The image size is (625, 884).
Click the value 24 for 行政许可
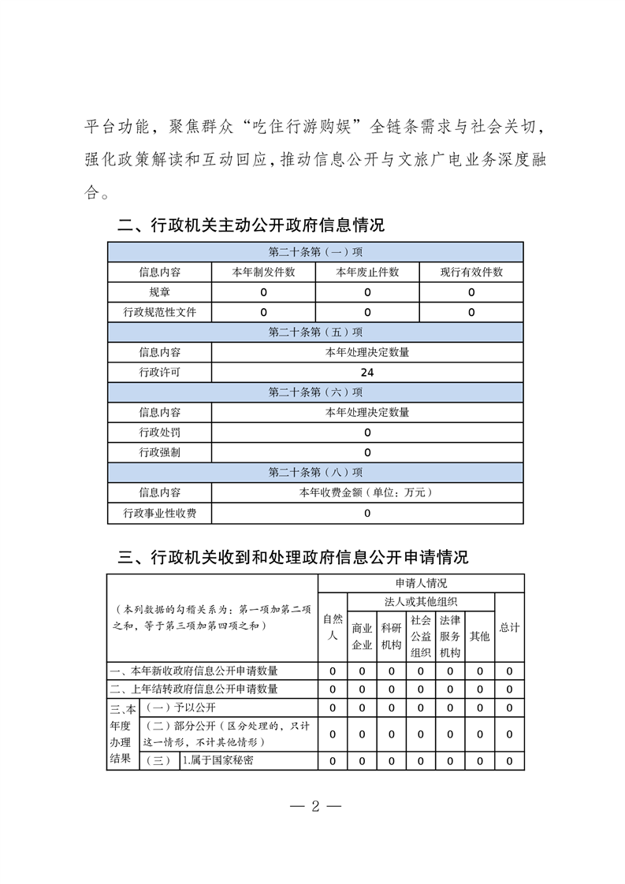pyautogui.click(x=367, y=373)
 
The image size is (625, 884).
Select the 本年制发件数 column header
pyautogui.click(x=263, y=273)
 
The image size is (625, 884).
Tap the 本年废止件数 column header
pyautogui.click(x=367, y=273)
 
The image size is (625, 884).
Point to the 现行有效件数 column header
pyautogui.click(x=471, y=273)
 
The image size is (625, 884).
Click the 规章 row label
pyautogui.click(x=159, y=292)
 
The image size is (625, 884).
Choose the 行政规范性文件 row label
pyautogui.click(x=159, y=312)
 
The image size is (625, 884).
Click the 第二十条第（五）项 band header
pyautogui.click(x=315, y=332)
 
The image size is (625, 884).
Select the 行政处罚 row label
pyautogui.click(x=159, y=433)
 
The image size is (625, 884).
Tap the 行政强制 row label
pyautogui.click(x=159, y=453)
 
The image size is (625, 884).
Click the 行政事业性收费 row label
pyautogui.click(x=159, y=514)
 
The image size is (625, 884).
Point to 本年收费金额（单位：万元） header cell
pyautogui.click(x=367, y=493)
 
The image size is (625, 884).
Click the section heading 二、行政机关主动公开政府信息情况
pyautogui.click(x=251, y=226)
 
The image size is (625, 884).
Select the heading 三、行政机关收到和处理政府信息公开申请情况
pyautogui.click(x=293, y=558)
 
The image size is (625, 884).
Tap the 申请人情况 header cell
pyautogui.click(x=421, y=584)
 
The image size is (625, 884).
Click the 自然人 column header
pyautogui.click(x=333, y=627)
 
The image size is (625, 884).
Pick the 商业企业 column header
pyautogui.click(x=362, y=637)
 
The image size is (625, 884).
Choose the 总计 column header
pyautogui.click(x=510, y=627)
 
